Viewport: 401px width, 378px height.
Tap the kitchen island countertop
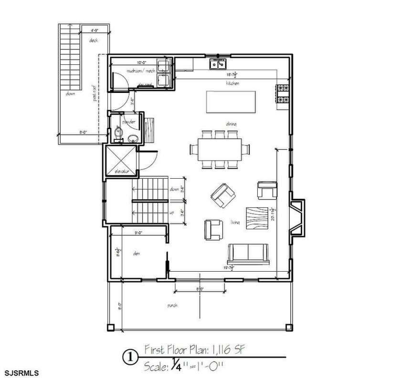click(231, 102)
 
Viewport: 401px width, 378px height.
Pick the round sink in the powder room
click(134, 139)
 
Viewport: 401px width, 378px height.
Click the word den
click(136, 253)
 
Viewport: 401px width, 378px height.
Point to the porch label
click(172, 305)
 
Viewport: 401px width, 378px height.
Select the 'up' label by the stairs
click(172, 213)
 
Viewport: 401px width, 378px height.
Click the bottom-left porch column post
click(110, 327)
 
